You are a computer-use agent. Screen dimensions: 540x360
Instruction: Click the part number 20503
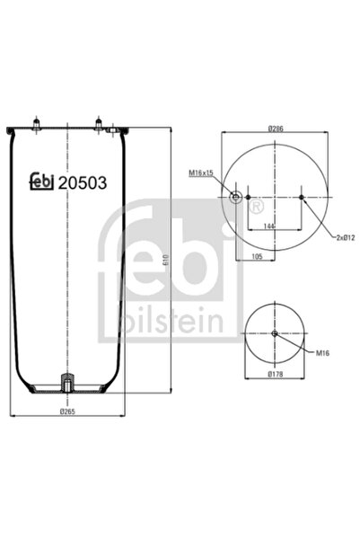(x=82, y=182)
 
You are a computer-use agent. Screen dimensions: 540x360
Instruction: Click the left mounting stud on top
(x=39, y=121)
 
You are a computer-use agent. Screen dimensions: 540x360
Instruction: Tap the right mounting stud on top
(x=96, y=120)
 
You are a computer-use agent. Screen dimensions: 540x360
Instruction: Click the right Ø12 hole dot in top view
(x=302, y=197)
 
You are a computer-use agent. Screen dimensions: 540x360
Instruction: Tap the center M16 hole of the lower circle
(x=275, y=334)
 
